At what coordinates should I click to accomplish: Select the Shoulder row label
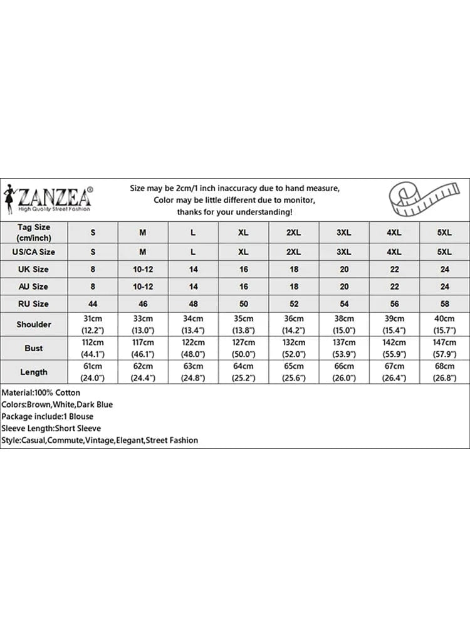(x=34, y=324)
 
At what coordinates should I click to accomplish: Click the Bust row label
(x=34, y=348)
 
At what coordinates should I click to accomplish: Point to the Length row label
(x=34, y=372)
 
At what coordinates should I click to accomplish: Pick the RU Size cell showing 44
(x=93, y=303)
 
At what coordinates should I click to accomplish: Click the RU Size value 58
(x=444, y=303)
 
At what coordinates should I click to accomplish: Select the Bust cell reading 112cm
(x=93, y=348)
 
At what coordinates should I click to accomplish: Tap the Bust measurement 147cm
(x=444, y=348)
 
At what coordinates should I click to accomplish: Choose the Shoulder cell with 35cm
(x=244, y=324)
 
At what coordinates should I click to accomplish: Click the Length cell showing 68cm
(x=444, y=372)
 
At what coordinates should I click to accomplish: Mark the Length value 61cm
(x=93, y=372)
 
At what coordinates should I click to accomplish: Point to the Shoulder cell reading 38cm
(x=344, y=324)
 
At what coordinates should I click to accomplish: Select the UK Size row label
(x=34, y=269)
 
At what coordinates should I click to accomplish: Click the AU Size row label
(x=34, y=287)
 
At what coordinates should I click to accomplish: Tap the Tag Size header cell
(x=34, y=232)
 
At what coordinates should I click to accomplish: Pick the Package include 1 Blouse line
(x=48, y=416)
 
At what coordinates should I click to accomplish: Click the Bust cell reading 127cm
(x=244, y=348)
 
